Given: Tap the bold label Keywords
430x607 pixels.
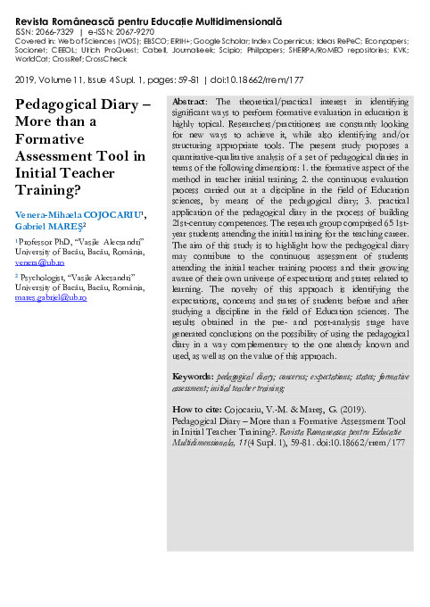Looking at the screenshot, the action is click(192, 378).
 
